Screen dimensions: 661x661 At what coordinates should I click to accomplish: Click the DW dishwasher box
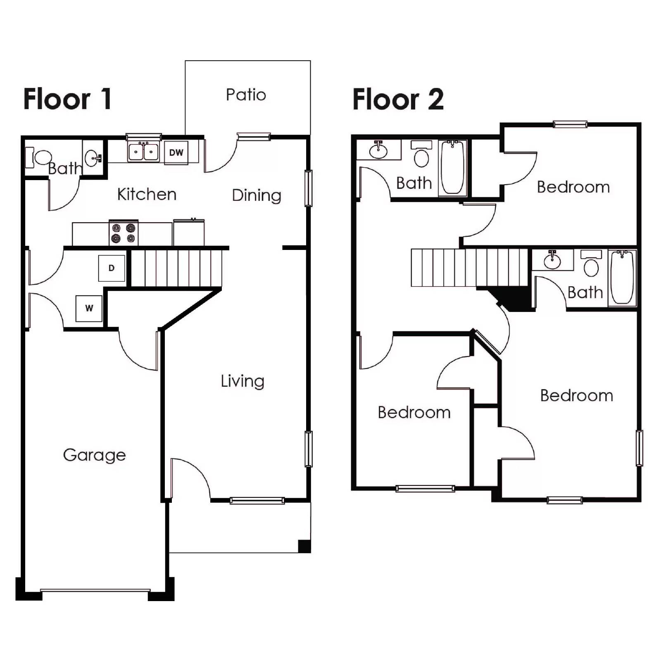pyautogui.click(x=176, y=153)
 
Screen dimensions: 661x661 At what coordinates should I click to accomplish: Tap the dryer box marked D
pyautogui.click(x=112, y=268)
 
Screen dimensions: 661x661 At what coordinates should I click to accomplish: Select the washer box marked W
pyautogui.click(x=89, y=308)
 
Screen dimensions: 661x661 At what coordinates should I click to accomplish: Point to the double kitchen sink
pyautogui.click(x=143, y=152)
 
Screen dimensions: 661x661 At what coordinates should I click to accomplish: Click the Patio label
pyautogui.click(x=246, y=95)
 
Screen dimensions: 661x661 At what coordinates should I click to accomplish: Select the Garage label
pyautogui.click(x=94, y=455)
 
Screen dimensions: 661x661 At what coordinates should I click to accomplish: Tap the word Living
pyautogui.click(x=242, y=381)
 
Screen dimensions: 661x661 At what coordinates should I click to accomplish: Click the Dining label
pyautogui.click(x=257, y=195)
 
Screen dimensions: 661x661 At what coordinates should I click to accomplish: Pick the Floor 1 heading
pyautogui.click(x=67, y=99)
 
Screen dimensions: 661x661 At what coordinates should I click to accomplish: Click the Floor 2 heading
pyautogui.click(x=398, y=100)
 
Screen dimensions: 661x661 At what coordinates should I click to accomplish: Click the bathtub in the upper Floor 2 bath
pyautogui.click(x=452, y=167)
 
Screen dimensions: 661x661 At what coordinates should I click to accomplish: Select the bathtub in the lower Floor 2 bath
pyautogui.click(x=622, y=277)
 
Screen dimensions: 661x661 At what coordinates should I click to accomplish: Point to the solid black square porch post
pyautogui.click(x=304, y=546)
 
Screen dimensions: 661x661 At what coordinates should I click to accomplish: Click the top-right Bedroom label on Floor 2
pyautogui.click(x=573, y=187)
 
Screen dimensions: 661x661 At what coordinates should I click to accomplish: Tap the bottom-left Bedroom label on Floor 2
pyautogui.click(x=414, y=412)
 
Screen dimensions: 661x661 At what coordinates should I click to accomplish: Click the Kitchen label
pyautogui.click(x=147, y=194)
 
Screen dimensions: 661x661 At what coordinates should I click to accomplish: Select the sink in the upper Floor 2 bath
pyautogui.click(x=378, y=150)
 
